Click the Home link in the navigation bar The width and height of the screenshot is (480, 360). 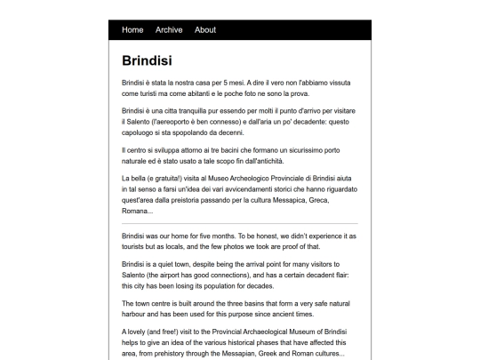[132, 29]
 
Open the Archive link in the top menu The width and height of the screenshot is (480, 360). [169, 29]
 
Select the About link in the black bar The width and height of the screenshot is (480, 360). [205, 29]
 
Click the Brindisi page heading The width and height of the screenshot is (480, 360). [148, 61]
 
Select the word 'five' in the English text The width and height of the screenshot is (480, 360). [217, 236]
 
